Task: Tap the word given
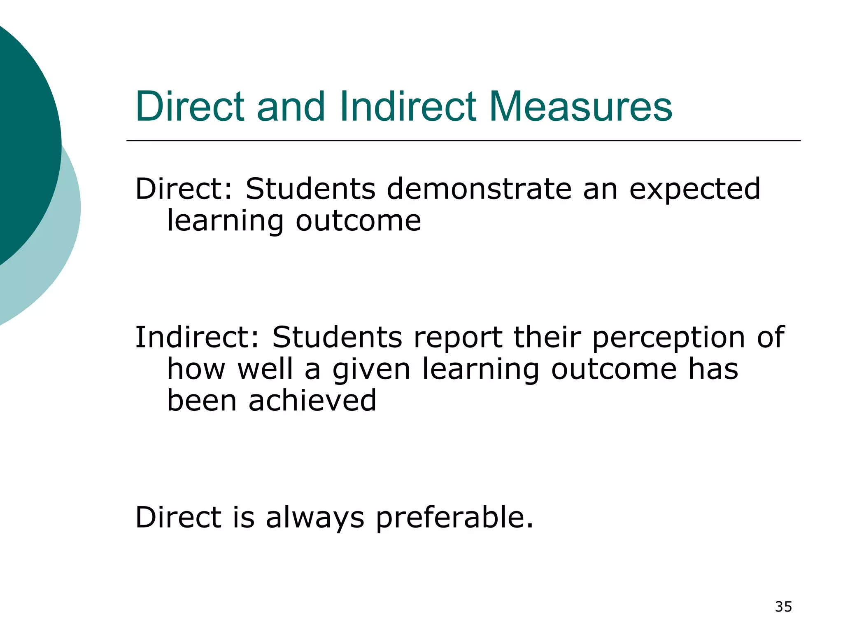371,370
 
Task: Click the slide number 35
783,607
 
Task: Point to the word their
547,337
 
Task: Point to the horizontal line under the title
463,141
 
